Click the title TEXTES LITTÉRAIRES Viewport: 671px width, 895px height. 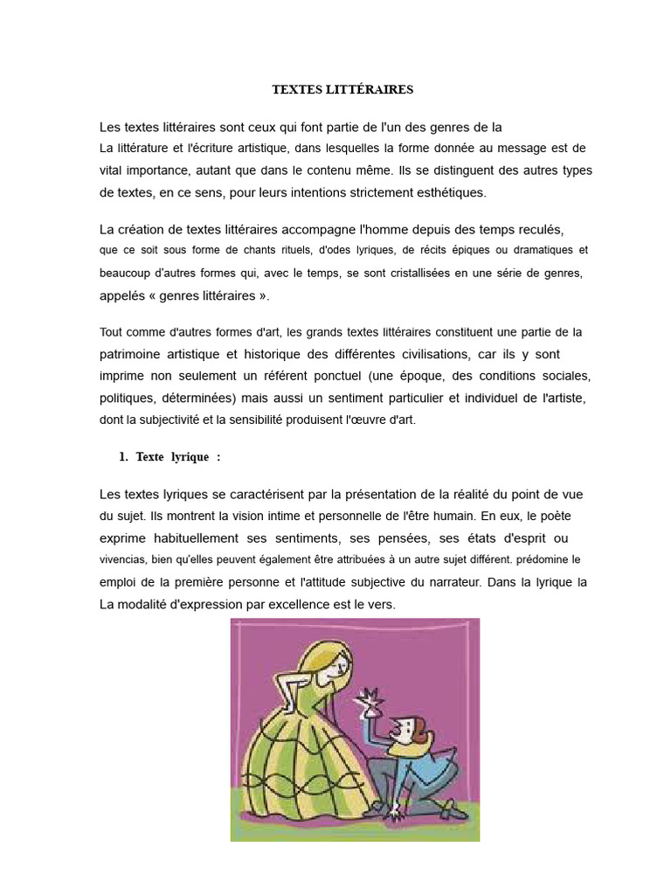[x=342, y=89]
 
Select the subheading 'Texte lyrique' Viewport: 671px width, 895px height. [x=173, y=457]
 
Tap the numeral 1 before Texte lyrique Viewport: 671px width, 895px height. [x=122, y=457]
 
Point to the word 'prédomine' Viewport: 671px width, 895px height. [x=540, y=559]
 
